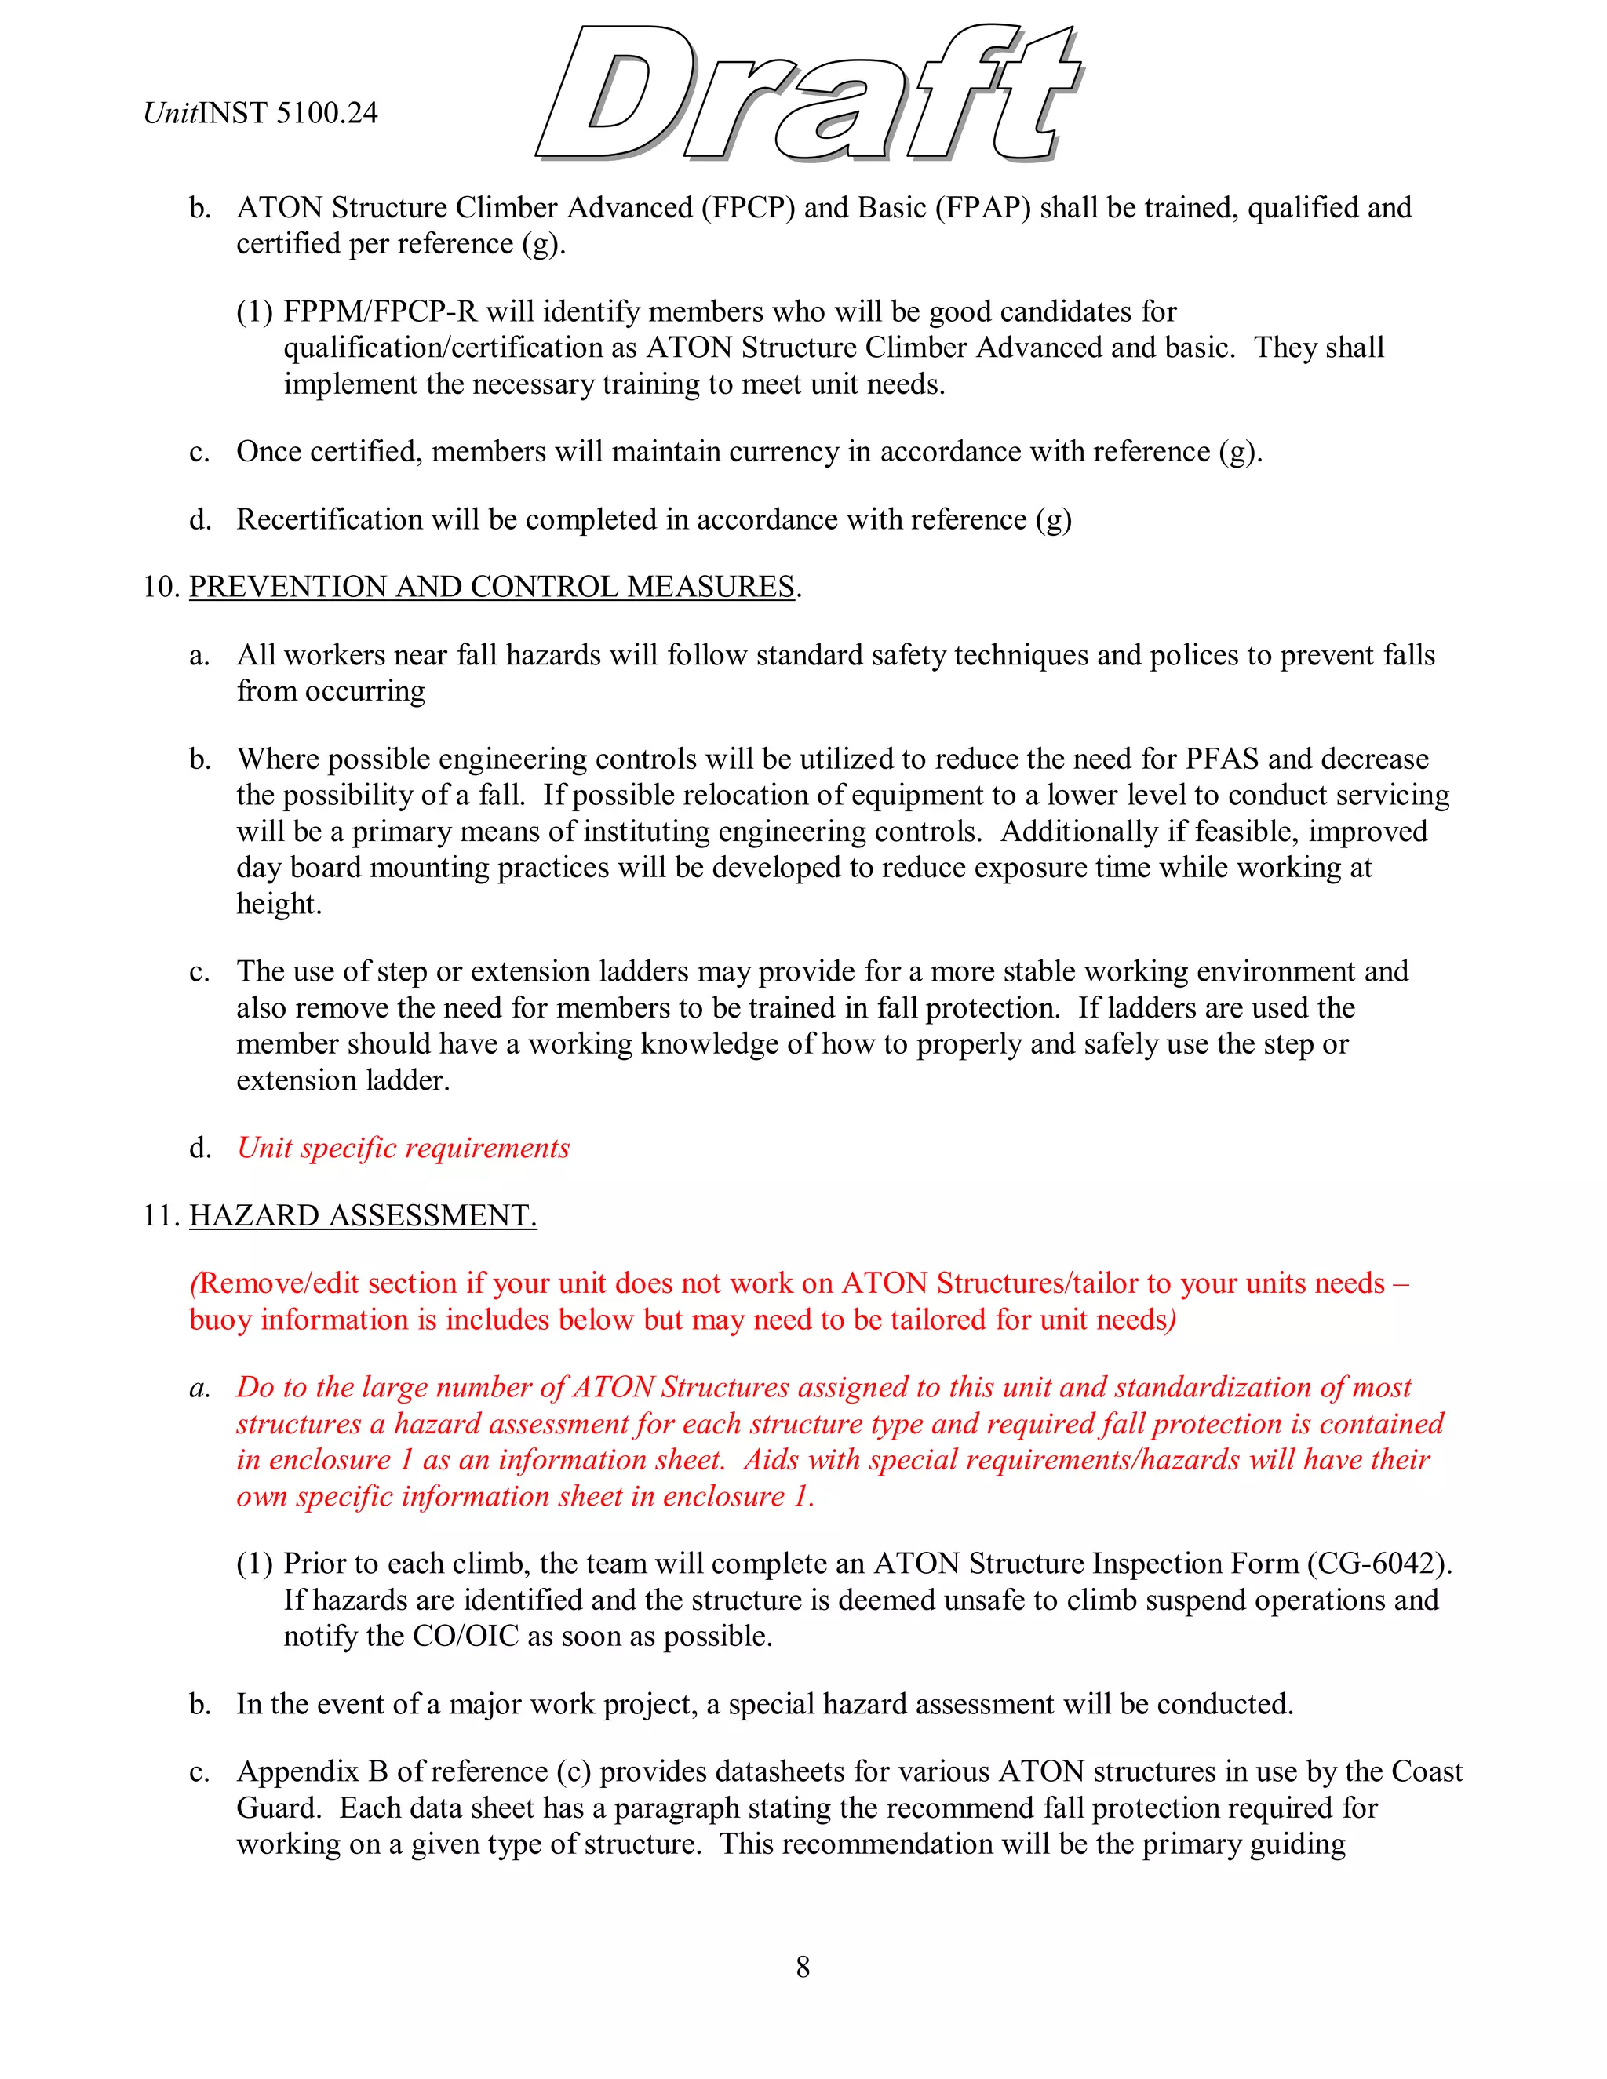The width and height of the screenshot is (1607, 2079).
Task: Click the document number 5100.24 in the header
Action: pos(326,113)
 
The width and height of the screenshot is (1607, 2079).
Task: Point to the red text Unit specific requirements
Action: pos(403,1148)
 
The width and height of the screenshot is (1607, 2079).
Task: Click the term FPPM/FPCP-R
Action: pos(380,311)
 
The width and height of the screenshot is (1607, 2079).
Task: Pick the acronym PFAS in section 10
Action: pos(1222,759)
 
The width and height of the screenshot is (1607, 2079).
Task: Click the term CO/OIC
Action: pos(465,1636)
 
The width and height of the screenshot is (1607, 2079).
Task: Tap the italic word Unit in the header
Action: pos(169,113)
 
